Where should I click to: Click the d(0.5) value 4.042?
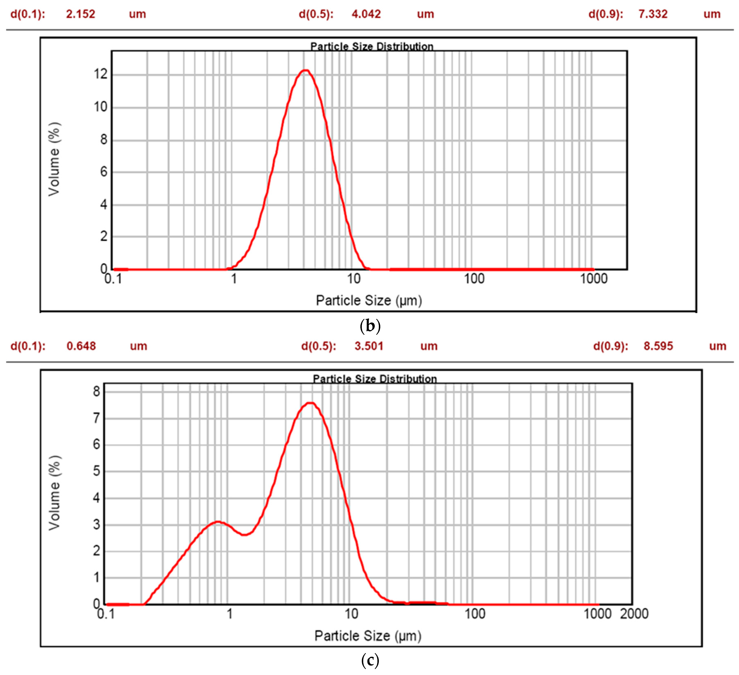point(366,14)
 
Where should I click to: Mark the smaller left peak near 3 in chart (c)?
point(218,522)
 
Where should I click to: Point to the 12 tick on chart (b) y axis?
point(100,74)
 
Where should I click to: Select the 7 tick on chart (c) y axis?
point(96,418)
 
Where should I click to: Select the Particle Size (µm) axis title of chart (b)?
point(369,301)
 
